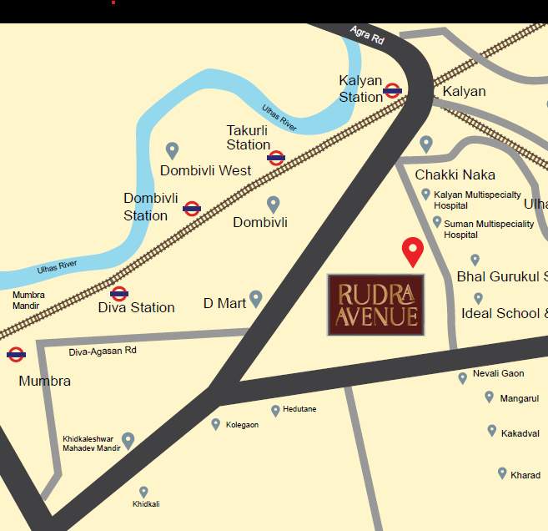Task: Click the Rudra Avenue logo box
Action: coord(375,305)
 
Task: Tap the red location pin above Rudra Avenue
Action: coord(412,251)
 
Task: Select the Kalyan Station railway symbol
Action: coord(393,91)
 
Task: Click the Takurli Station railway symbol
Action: coord(276,157)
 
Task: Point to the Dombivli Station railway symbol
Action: coord(192,209)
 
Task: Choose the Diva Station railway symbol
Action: coord(119,293)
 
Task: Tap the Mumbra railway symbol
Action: coord(15,355)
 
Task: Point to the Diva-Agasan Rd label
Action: coord(103,351)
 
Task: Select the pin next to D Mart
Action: coord(256,298)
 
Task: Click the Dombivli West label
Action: coord(205,170)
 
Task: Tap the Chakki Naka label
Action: coord(455,174)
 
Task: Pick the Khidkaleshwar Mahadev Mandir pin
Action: coord(128,440)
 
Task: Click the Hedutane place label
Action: coord(299,410)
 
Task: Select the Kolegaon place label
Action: coord(242,425)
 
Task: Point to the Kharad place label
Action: coord(525,475)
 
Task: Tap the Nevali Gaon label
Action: coord(498,373)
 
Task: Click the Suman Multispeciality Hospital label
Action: coord(488,229)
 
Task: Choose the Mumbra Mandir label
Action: coord(28,300)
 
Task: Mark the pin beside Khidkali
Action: coord(143,492)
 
